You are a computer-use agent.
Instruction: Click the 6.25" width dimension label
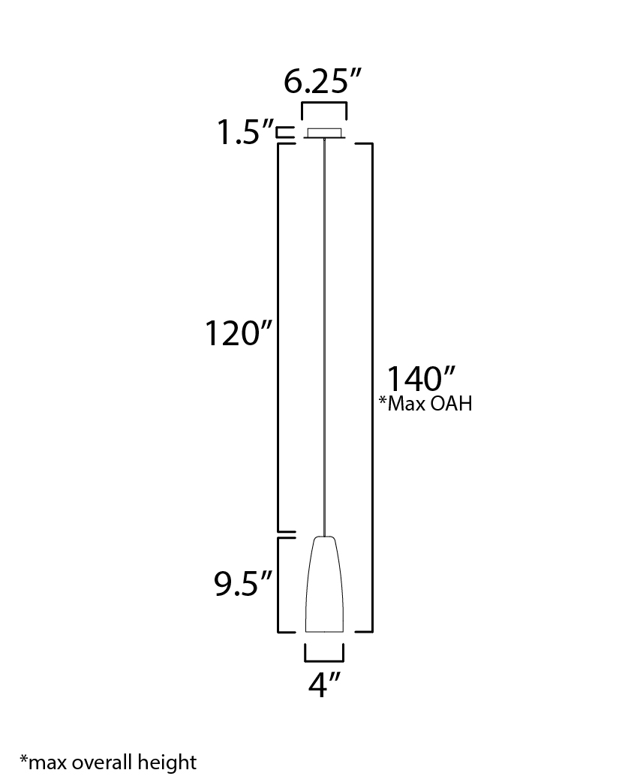[322, 81]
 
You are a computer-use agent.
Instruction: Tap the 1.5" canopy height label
[245, 133]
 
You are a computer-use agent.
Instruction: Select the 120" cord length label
[239, 333]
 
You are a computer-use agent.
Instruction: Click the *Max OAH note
[425, 404]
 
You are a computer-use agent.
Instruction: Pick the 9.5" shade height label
[243, 584]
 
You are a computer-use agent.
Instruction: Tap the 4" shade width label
[324, 684]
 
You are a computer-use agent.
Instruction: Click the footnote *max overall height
[108, 762]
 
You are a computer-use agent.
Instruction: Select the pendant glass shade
[324, 584]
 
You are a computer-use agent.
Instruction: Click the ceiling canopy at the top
[324, 133]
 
